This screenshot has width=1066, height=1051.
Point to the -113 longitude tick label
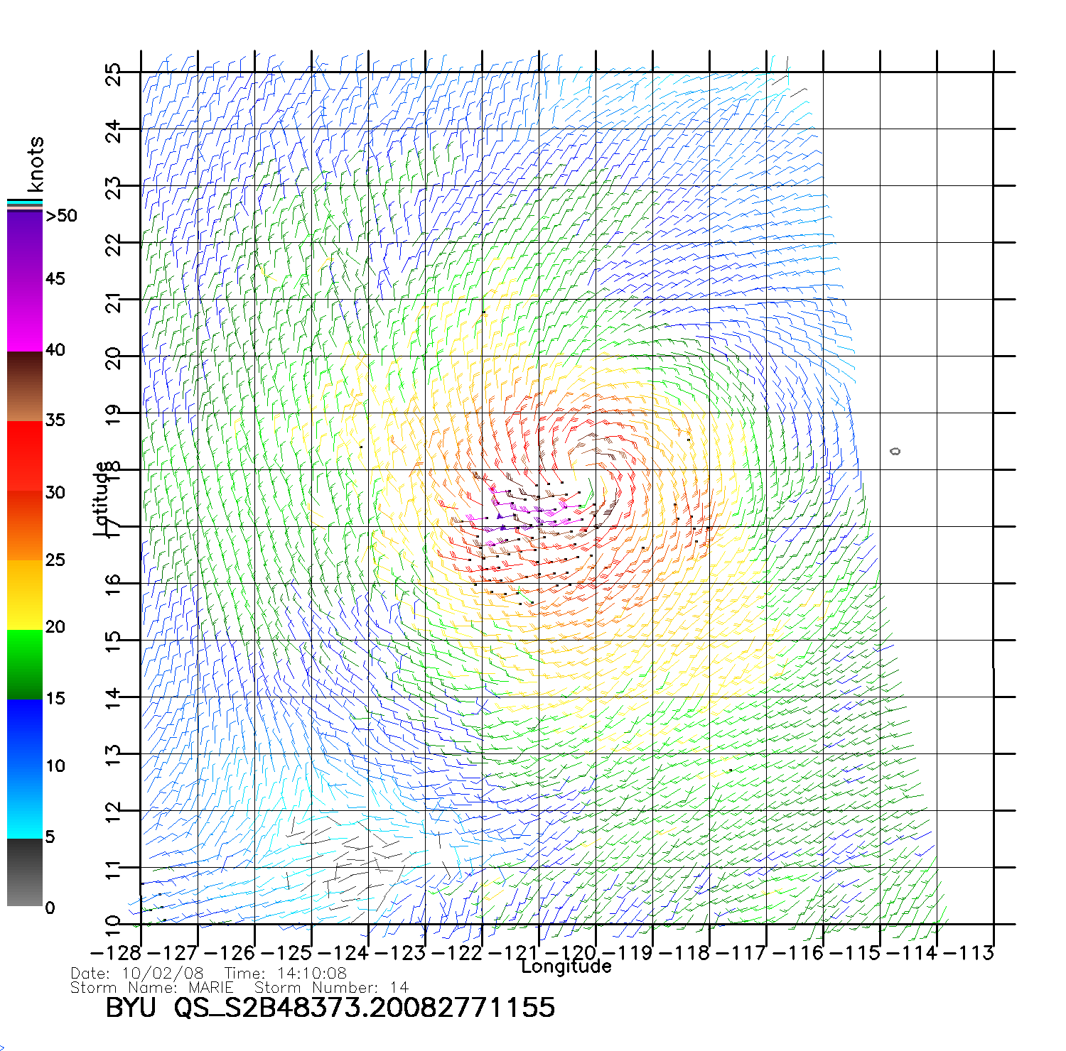(969, 953)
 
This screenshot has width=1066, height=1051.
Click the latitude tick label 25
(113, 75)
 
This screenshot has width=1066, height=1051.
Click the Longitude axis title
(566, 966)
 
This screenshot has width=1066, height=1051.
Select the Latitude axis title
(102, 498)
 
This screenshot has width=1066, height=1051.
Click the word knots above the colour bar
(35, 164)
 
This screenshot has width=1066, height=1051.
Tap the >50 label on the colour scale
(62, 216)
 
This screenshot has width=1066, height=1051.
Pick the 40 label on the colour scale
(55, 349)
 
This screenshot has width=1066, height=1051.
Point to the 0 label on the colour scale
(50, 908)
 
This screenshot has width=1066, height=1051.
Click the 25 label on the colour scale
(55, 560)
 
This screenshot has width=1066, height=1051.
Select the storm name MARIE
(211, 988)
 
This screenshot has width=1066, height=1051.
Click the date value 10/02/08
(163, 974)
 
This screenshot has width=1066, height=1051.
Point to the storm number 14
(399, 988)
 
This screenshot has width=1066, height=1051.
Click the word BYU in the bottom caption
(131, 1008)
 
